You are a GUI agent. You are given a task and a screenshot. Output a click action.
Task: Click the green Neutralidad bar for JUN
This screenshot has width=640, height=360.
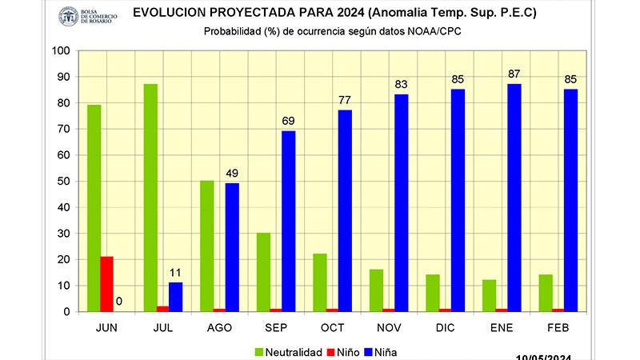point(94,208)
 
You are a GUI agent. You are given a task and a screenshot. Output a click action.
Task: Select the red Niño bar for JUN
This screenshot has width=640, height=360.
point(106,284)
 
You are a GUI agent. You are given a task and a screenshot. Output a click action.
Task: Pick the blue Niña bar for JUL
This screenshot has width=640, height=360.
point(175,297)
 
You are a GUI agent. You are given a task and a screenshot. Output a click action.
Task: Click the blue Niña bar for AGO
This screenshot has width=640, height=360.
point(232,247)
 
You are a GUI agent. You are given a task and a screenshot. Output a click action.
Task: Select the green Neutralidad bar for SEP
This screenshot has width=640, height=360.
point(263,272)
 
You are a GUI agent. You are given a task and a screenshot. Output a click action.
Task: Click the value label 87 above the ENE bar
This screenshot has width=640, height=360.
point(514,74)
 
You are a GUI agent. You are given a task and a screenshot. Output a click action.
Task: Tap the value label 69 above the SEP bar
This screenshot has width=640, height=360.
point(288,121)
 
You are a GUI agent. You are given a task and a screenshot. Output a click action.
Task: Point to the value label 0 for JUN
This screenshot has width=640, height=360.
point(118,302)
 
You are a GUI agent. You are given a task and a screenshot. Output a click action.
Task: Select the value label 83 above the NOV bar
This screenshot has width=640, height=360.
point(402,85)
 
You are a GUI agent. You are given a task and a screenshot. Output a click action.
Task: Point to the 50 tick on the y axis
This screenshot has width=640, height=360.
point(63,182)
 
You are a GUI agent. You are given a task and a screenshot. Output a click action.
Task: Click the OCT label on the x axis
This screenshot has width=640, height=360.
point(332,326)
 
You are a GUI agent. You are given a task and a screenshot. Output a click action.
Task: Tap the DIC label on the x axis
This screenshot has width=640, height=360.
point(446,326)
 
